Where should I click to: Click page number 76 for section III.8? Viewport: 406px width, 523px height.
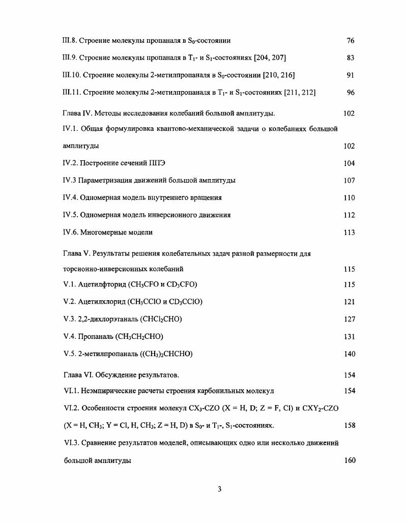point(350,41)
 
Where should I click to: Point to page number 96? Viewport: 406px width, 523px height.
point(350,93)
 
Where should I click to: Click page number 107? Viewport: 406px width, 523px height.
point(349,181)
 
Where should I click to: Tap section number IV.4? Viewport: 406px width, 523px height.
point(70,197)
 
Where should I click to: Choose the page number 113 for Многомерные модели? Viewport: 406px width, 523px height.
point(349,233)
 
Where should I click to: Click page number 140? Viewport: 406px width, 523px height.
point(349,354)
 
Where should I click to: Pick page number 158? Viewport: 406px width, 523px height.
point(349,425)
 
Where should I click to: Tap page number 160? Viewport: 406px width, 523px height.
point(349,460)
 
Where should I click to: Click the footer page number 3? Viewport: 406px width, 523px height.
point(219,489)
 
